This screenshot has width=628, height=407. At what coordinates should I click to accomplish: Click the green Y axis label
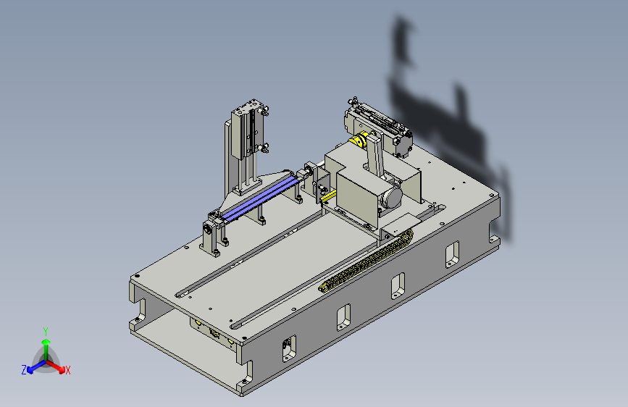coord(46,331)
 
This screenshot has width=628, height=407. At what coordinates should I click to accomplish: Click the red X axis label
coord(67,370)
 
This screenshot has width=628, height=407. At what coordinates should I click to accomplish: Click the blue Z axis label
coord(24,370)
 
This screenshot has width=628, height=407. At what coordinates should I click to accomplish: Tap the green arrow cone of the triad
coord(46,342)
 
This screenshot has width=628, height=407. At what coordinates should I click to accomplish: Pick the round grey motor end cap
coord(391,197)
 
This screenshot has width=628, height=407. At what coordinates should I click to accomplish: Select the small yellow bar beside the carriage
coord(328,197)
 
